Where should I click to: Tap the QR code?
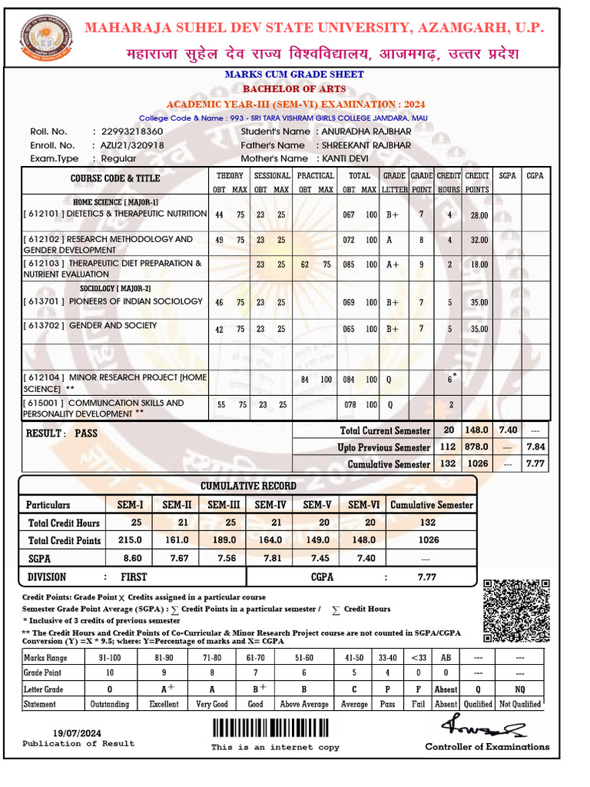coord(517,611)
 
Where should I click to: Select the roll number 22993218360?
coord(128,131)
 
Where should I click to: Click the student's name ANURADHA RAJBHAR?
coord(366,131)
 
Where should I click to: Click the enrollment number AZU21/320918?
coord(128,145)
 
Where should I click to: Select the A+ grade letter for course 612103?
coord(393,264)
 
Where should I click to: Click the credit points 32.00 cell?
coord(479,240)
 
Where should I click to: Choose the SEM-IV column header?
coord(270,505)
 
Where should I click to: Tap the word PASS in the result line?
coord(86,433)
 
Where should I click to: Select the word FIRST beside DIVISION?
coord(134,576)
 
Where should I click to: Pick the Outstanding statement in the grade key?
coord(109,704)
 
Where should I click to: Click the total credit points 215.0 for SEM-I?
coord(131,540)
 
